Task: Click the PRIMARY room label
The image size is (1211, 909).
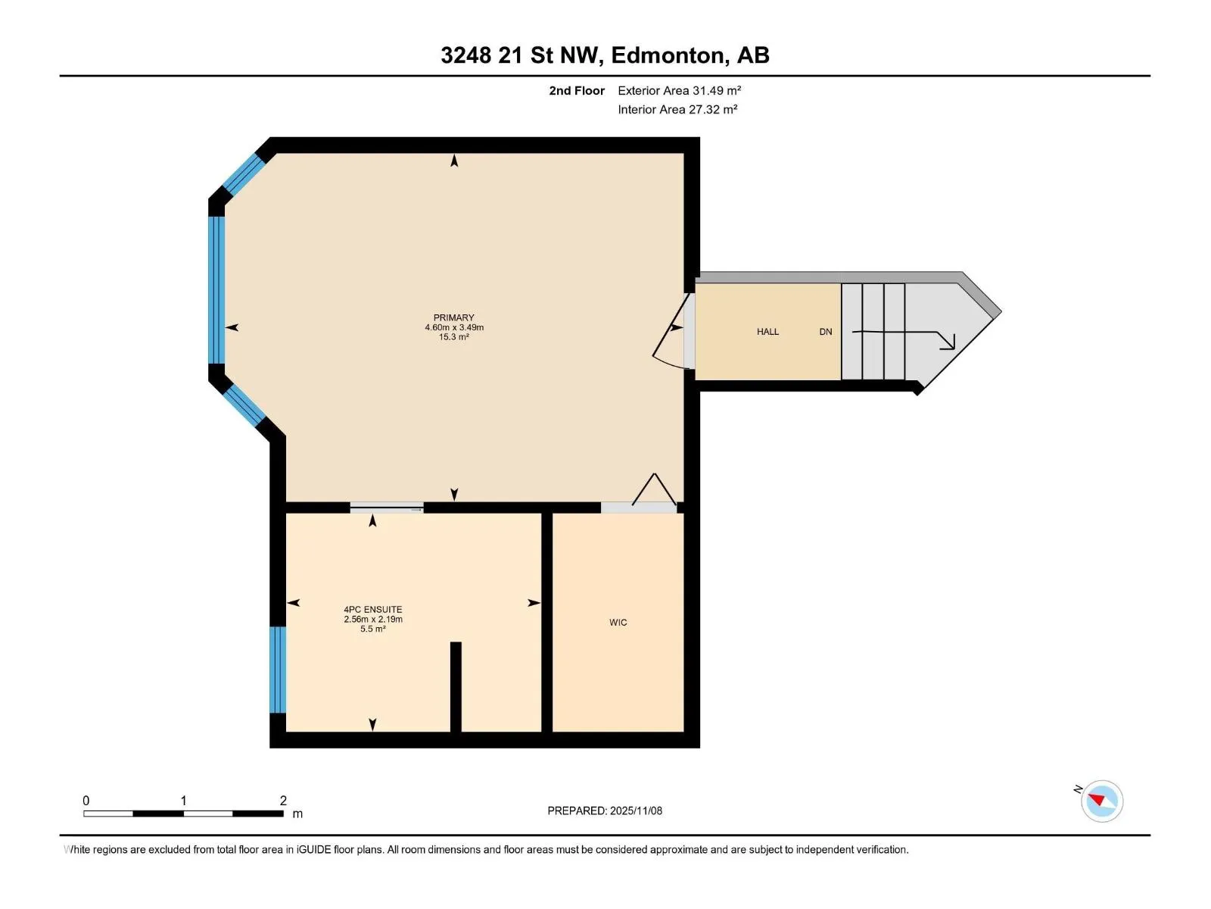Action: click(x=453, y=317)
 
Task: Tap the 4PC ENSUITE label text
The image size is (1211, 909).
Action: click(x=373, y=609)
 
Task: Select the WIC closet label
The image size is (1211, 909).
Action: click(x=618, y=623)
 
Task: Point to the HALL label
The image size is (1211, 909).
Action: click(x=767, y=332)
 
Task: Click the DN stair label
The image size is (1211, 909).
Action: click(x=825, y=332)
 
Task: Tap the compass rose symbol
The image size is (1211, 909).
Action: click(x=1102, y=801)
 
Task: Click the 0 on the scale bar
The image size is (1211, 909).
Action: click(x=86, y=800)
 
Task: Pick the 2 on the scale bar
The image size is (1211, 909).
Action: click(x=283, y=800)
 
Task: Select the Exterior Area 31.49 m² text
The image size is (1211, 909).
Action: click(x=679, y=90)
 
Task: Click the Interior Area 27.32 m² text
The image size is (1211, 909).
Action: click(x=677, y=109)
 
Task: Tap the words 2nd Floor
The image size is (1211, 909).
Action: click(x=577, y=90)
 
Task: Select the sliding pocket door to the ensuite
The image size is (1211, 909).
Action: click(x=387, y=508)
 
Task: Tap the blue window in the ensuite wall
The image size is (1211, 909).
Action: click(x=278, y=670)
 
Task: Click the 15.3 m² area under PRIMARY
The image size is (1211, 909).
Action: click(x=453, y=336)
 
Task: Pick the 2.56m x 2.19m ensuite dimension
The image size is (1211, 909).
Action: click(x=373, y=619)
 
